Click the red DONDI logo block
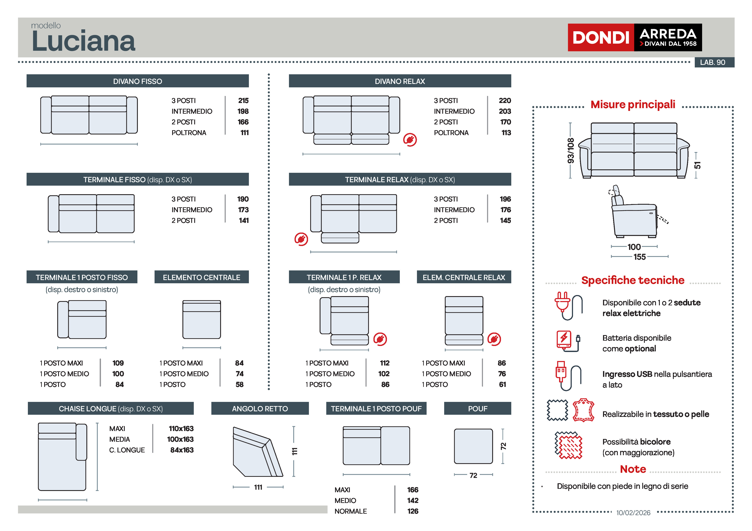click(x=601, y=37)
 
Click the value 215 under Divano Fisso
click(x=243, y=100)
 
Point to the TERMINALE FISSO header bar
click(x=138, y=180)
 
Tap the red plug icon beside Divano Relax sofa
click(x=410, y=140)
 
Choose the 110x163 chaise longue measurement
click(x=181, y=429)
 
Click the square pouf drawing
click(x=473, y=446)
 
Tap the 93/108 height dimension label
click(x=571, y=151)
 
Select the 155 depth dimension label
click(x=639, y=257)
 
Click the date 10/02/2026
click(x=633, y=513)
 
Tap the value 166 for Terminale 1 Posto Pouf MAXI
click(x=413, y=490)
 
